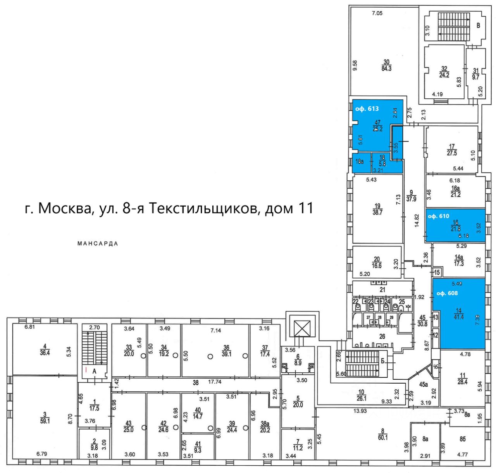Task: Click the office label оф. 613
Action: [367, 109]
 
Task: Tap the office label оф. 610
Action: [438, 216]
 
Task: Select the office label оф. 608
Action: [447, 293]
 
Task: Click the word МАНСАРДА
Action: [98, 244]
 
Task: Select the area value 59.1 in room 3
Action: [45, 421]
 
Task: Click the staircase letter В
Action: [478, 26]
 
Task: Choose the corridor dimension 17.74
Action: [214, 382]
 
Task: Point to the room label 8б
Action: [462, 439]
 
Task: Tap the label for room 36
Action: [226, 348]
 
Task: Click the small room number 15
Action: [437, 272]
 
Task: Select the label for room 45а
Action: [423, 384]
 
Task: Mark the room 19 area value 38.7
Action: [377, 213]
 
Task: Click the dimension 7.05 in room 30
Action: [377, 13]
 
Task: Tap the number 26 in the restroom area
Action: [382, 336]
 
